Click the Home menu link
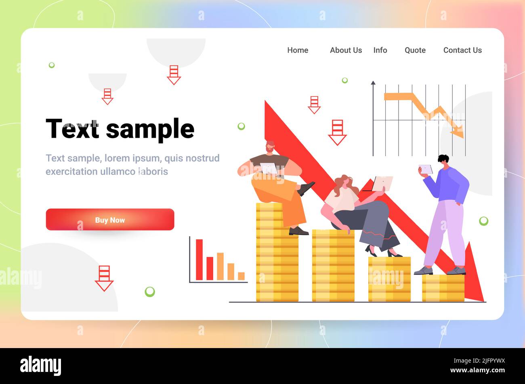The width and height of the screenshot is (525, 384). point(298,50)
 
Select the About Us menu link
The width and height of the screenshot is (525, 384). point(346,50)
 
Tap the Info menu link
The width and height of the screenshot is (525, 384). point(380,50)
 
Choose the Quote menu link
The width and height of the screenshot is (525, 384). point(415,50)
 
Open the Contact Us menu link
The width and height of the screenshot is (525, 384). point(462,50)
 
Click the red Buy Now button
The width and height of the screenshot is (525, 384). point(110,220)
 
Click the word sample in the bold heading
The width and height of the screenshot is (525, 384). point(150,130)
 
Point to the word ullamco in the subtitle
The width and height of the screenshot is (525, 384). point(118,172)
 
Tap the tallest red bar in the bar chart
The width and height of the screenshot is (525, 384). point(199,260)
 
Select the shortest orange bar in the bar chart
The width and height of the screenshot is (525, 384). point(241,276)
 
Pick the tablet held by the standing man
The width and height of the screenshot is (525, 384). point(426,169)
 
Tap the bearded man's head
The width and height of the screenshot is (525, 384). point(270,147)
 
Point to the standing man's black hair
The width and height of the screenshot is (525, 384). point(443,159)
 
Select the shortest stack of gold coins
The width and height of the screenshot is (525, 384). point(443,288)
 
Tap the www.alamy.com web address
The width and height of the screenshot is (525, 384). point(478,370)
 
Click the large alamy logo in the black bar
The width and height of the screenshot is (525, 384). point(40,366)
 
